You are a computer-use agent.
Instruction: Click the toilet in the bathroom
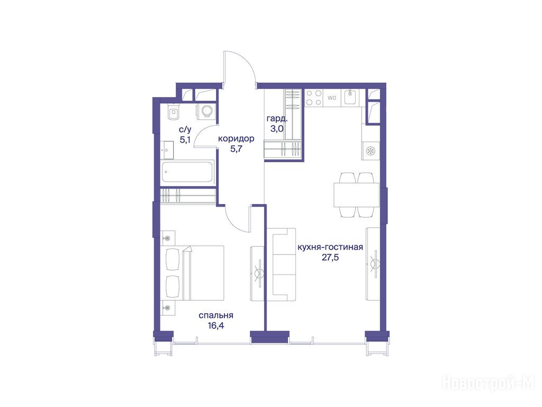174,112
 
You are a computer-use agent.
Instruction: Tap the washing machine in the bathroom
206,111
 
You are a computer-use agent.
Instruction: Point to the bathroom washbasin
167,150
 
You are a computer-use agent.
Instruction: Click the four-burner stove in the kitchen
313,98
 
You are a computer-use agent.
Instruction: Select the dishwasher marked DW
332,98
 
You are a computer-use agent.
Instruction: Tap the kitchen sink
350,98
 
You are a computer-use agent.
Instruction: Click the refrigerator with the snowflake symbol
371,151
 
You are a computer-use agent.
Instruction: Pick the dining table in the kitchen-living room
356,195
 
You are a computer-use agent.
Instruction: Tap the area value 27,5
330,258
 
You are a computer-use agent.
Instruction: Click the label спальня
216,316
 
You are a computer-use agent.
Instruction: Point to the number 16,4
216,326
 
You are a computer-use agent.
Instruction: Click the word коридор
236,139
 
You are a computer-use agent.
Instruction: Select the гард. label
277,119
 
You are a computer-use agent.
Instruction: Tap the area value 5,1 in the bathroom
185,140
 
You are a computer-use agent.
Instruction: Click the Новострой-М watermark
489,384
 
